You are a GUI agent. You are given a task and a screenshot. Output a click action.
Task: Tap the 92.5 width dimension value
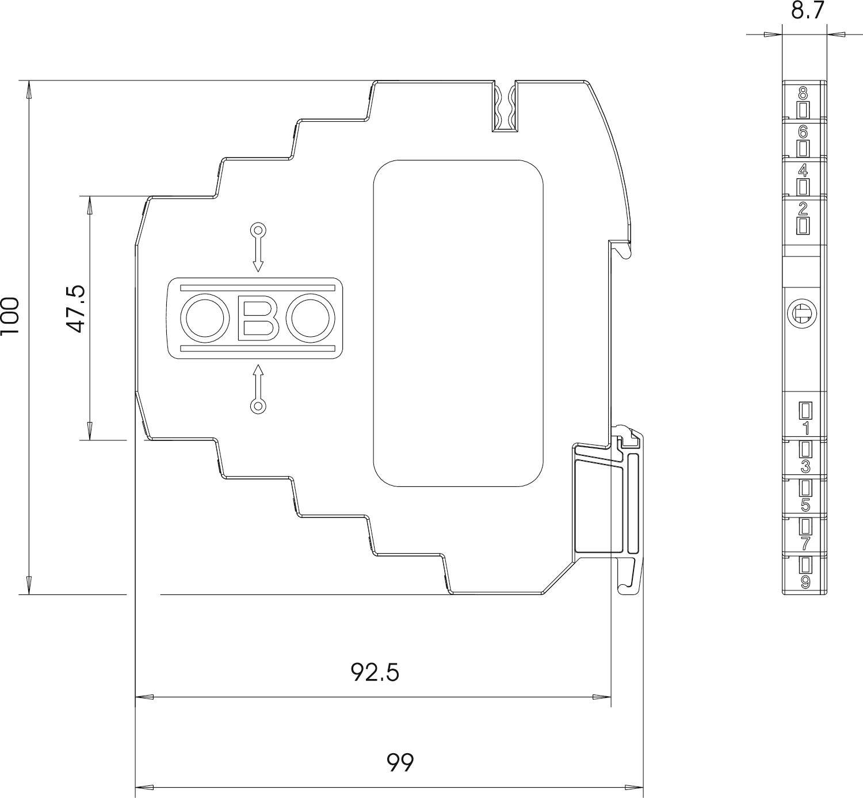pyautogui.click(x=375, y=672)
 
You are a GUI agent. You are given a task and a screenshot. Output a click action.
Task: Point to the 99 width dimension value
pyautogui.click(x=400, y=762)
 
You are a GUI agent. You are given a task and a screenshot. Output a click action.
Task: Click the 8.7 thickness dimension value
pyautogui.click(x=808, y=10)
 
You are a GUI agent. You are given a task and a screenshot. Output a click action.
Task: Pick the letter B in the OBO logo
pyautogui.click(x=258, y=318)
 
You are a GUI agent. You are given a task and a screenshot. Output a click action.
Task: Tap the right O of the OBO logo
pyautogui.click(x=312, y=318)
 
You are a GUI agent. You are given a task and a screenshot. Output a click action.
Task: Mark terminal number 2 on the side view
pyautogui.click(x=804, y=208)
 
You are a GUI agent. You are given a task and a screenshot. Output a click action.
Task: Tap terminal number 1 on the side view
pyautogui.click(x=805, y=428)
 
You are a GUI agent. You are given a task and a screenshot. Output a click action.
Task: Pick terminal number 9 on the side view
pyautogui.click(x=805, y=582)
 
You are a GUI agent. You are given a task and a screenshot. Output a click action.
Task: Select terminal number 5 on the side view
pyautogui.click(x=805, y=505)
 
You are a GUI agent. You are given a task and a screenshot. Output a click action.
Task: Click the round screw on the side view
pyautogui.click(x=803, y=313)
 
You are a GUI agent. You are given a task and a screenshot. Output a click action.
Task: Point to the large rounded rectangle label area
pyautogui.click(x=459, y=323)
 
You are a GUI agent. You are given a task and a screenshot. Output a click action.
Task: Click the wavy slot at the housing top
pyautogui.click(x=505, y=108)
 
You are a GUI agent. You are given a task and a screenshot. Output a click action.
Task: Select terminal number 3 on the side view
pyautogui.click(x=805, y=466)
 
